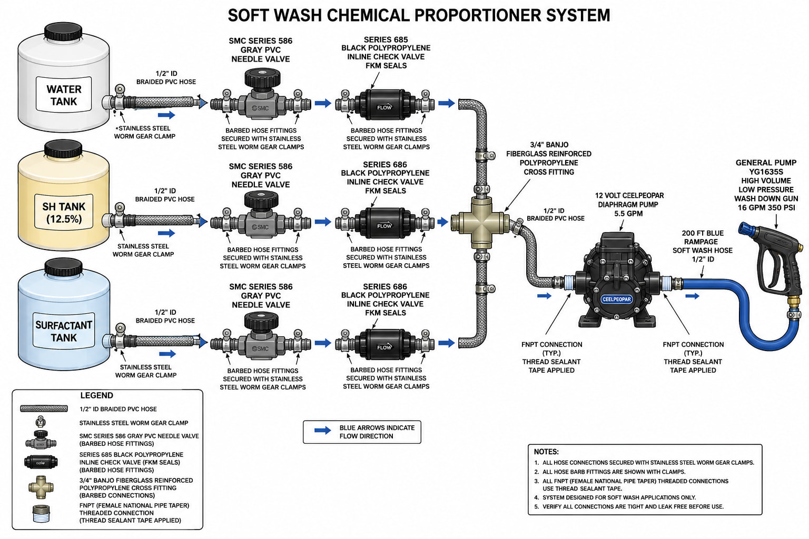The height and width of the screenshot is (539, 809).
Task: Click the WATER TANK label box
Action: [x=64, y=94]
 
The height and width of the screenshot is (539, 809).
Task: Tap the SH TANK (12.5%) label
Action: [x=64, y=212]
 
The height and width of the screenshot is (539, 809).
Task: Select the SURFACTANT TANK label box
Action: [x=64, y=331]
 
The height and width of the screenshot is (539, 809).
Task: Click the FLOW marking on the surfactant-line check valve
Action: [x=384, y=347]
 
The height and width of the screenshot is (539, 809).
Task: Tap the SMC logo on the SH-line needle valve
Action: [x=260, y=227]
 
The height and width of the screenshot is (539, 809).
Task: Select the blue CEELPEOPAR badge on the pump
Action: [x=617, y=299]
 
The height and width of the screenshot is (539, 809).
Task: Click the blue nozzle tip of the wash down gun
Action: [x=745, y=228]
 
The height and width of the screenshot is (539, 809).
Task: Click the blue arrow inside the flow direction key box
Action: [x=322, y=431]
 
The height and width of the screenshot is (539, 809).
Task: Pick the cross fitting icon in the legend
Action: [x=41, y=487]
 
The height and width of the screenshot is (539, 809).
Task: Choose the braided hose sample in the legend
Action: [x=44, y=408]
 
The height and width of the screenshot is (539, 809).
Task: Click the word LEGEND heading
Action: [x=97, y=395]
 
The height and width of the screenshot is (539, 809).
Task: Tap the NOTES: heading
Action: [x=546, y=452]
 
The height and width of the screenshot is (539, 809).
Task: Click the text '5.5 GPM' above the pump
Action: [x=628, y=213]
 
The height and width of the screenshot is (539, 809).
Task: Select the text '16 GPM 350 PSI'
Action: [x=766, y=207]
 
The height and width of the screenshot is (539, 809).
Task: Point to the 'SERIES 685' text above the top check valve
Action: [x=386, y=39]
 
